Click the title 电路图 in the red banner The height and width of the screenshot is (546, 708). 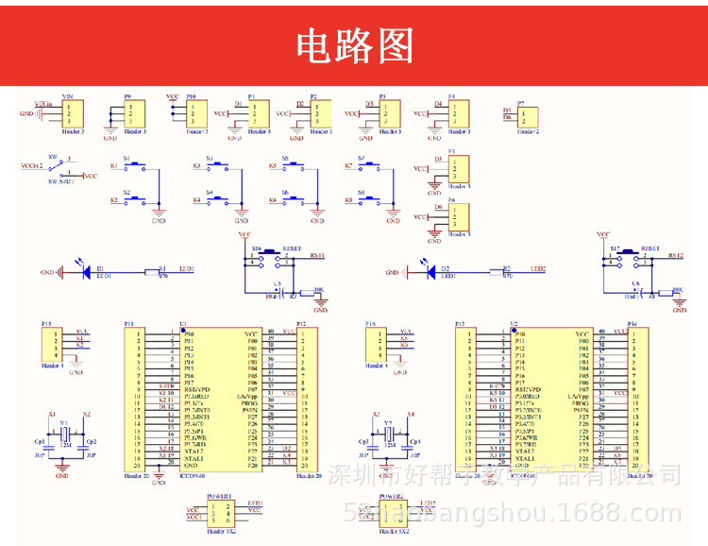[x=355, y=44]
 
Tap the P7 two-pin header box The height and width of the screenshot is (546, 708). [x=529, y=115]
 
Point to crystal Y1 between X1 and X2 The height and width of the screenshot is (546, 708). [x=64, y=434]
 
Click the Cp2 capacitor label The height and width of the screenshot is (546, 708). [x=91, y=442]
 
